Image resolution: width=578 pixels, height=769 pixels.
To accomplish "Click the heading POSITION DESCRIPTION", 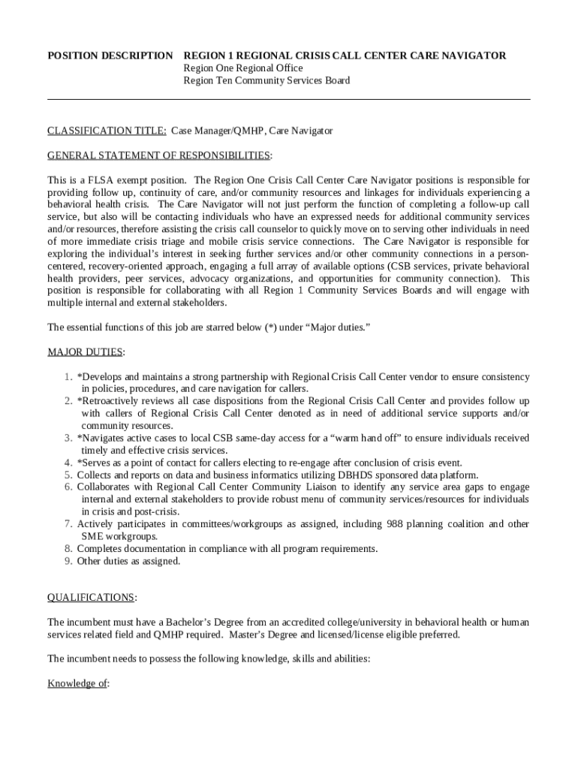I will (x=110, y=56).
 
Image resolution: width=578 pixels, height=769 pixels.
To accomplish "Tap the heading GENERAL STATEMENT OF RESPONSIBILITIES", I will (x=159, y=155).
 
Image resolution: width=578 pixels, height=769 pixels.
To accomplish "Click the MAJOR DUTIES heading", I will (x=86, y=352).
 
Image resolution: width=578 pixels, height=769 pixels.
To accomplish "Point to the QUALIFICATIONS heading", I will (x=92, y=598).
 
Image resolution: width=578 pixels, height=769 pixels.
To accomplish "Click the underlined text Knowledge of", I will (x=78, y=683).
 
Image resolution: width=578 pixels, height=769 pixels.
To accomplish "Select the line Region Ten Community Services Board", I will (x=266, y=80).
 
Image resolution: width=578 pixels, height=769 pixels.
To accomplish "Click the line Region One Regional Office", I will (x=243, y=68).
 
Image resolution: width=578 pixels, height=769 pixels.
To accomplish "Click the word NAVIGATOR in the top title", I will (x=471, y=56).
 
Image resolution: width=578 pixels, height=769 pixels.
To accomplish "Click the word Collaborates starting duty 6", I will (x=106, y=487).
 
